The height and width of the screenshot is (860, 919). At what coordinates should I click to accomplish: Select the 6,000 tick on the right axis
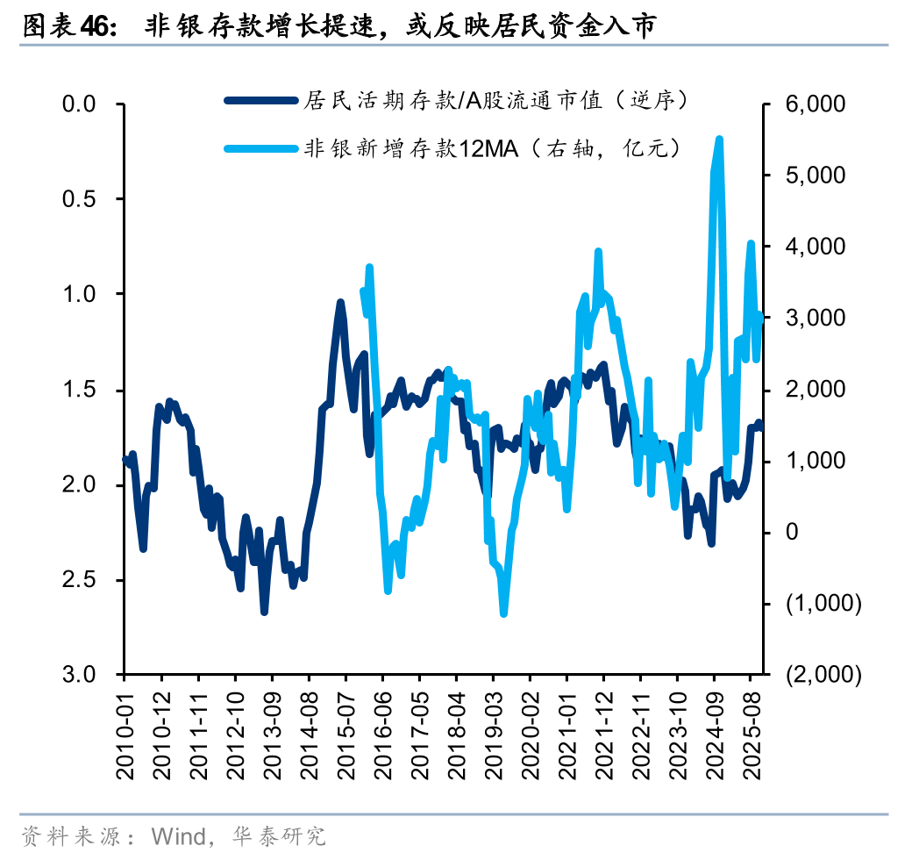pyautogui.click(x=816, y=104)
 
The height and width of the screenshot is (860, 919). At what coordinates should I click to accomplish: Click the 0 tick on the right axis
pyautogui.click(x=792, y=532)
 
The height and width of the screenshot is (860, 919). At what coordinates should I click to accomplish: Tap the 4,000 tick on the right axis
pyautogui.click(x=816, y=247)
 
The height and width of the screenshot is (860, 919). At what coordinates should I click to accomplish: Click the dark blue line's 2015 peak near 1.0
pyautogui.click(x=340, y=302)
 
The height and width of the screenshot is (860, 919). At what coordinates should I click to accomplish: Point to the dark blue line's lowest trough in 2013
pyautogui.click(x=264, y=612)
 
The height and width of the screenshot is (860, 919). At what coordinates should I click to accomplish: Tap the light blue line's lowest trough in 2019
pyautogui.click(x=503, y=613)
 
